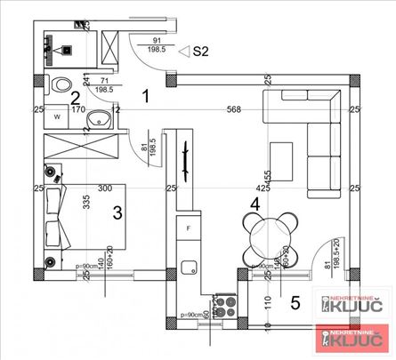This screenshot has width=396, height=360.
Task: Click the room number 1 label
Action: click(148, 92)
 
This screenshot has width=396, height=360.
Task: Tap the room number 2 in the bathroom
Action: click(77, 99)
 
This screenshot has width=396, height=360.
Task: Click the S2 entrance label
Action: click(201, 52)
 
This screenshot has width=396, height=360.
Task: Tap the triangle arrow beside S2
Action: click(184, 52)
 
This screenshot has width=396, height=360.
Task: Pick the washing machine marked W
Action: click(56, 116)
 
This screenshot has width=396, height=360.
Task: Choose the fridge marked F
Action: click(189, 228)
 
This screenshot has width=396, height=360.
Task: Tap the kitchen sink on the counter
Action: click(188, 266)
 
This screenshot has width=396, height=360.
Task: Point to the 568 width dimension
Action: click(233, 111)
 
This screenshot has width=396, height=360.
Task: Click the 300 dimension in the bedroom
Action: click(105, 188)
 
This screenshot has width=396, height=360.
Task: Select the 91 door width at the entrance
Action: click(158, 41)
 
